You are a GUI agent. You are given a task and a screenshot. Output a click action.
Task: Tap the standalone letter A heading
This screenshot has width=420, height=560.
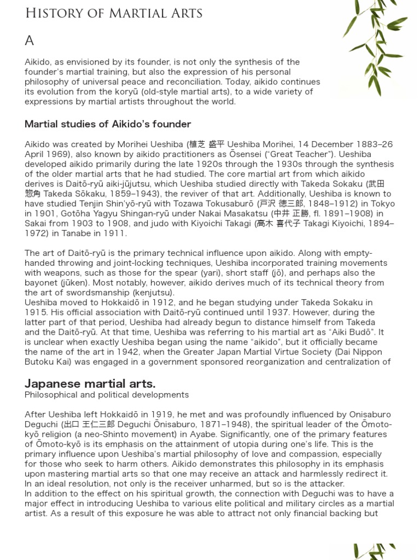(x=30, y=40)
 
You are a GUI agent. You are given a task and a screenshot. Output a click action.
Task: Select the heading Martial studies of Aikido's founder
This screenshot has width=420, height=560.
(x=108, y=124)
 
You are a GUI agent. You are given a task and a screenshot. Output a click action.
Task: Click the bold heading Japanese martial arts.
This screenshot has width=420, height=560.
(x=90, y=383)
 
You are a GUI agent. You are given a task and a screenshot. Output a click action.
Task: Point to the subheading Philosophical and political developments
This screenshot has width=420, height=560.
(x=107, y=395)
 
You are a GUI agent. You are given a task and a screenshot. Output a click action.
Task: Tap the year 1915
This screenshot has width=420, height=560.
(x=35, y=312)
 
